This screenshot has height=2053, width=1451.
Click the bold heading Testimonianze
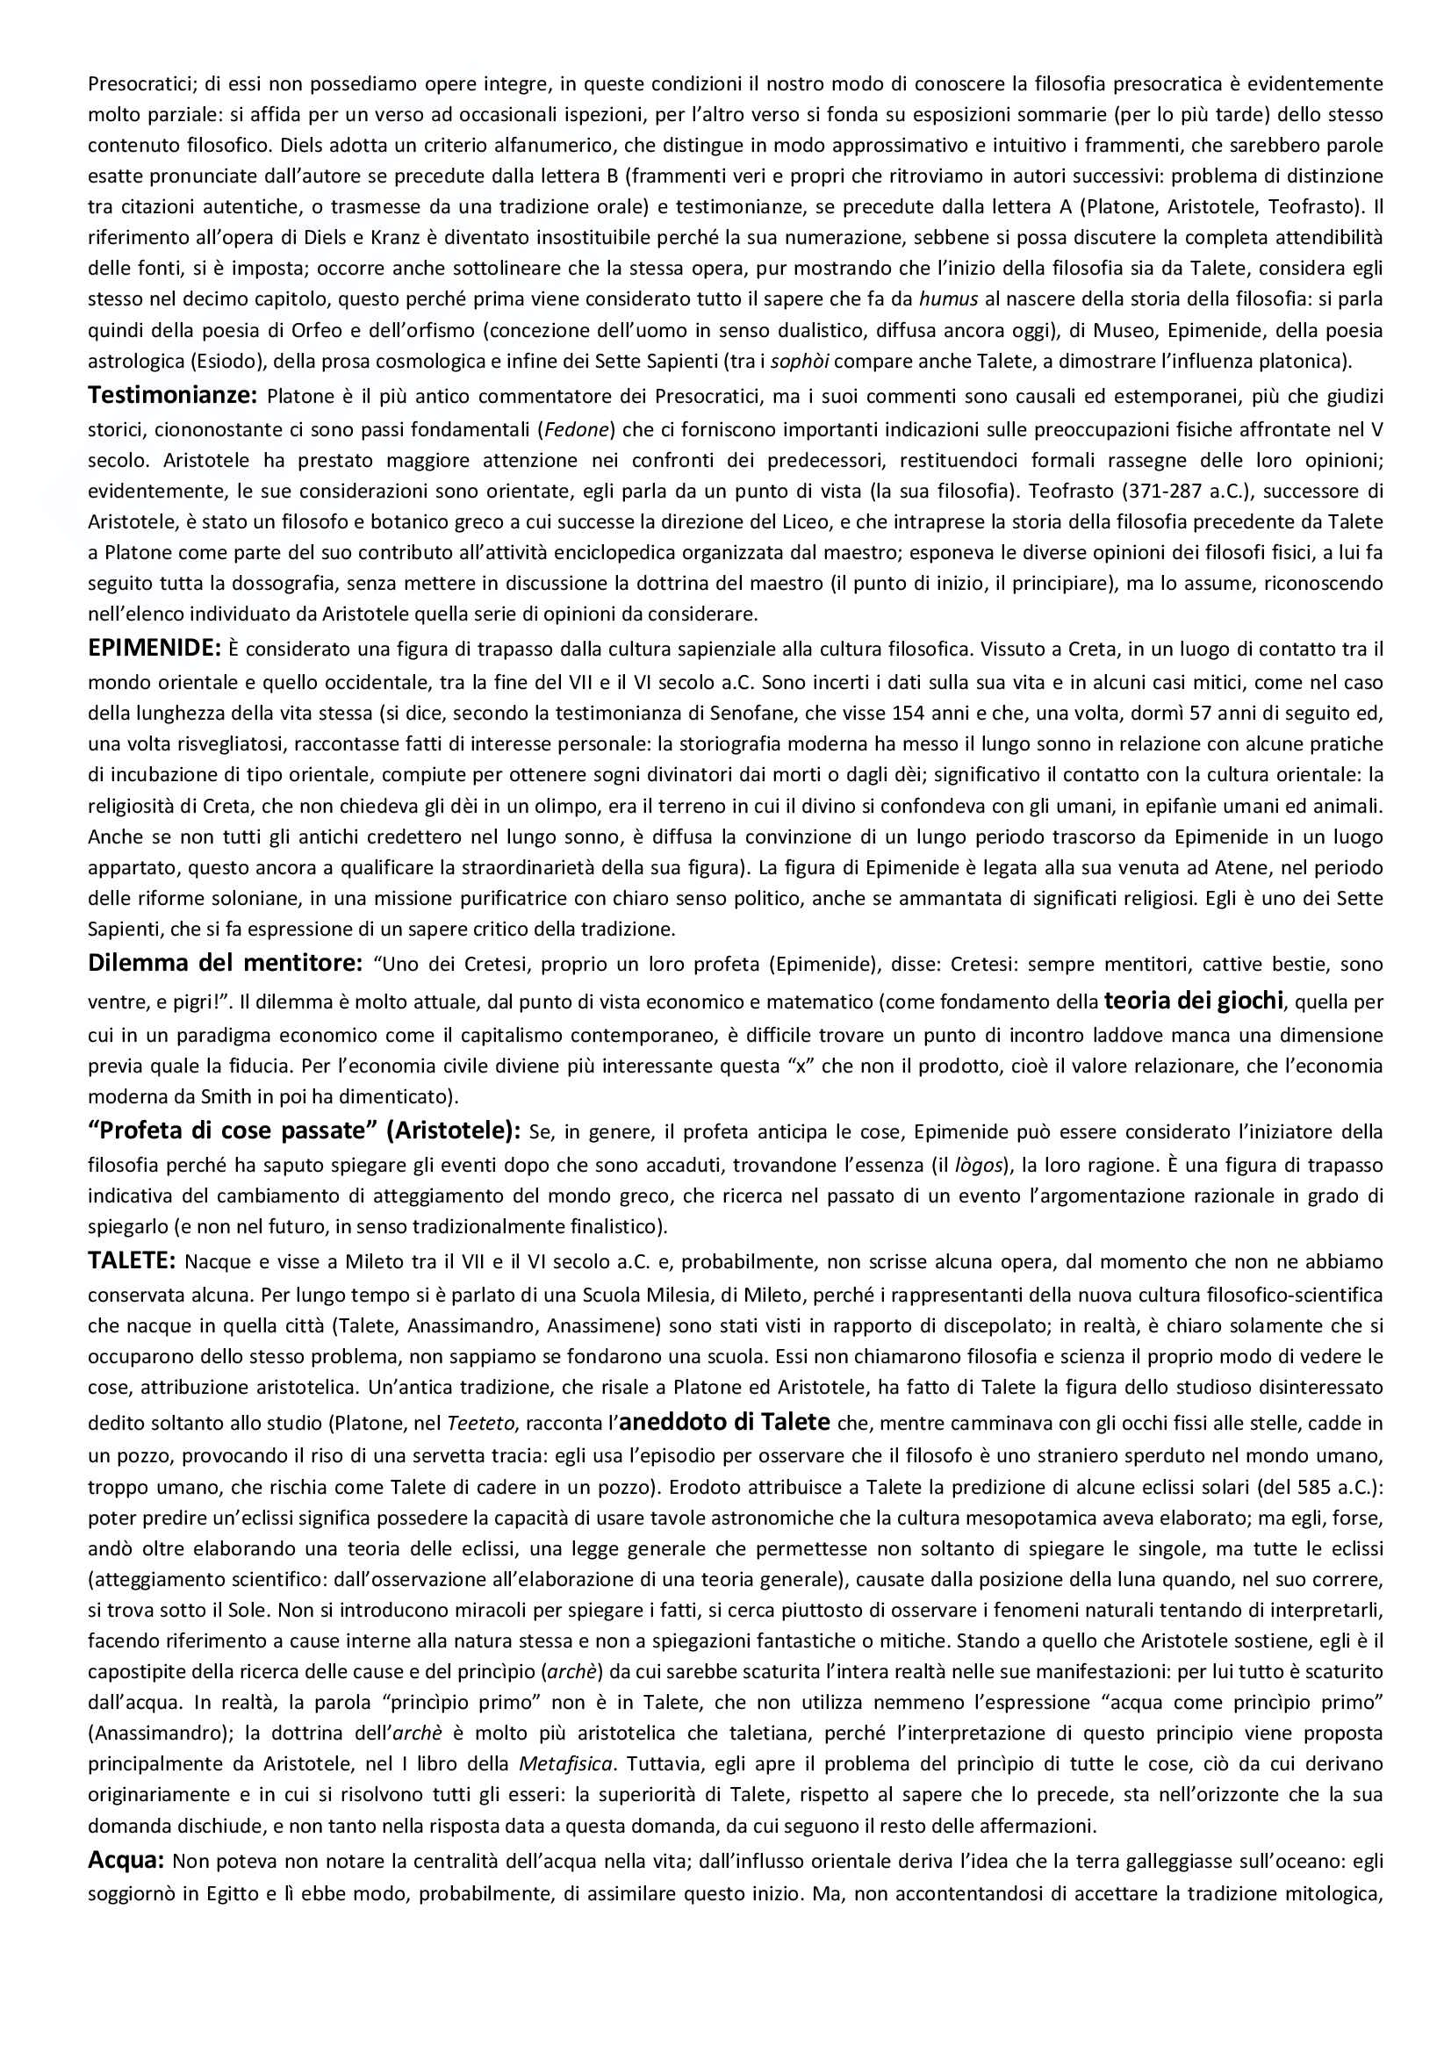172,394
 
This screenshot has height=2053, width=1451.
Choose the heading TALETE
131,1260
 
